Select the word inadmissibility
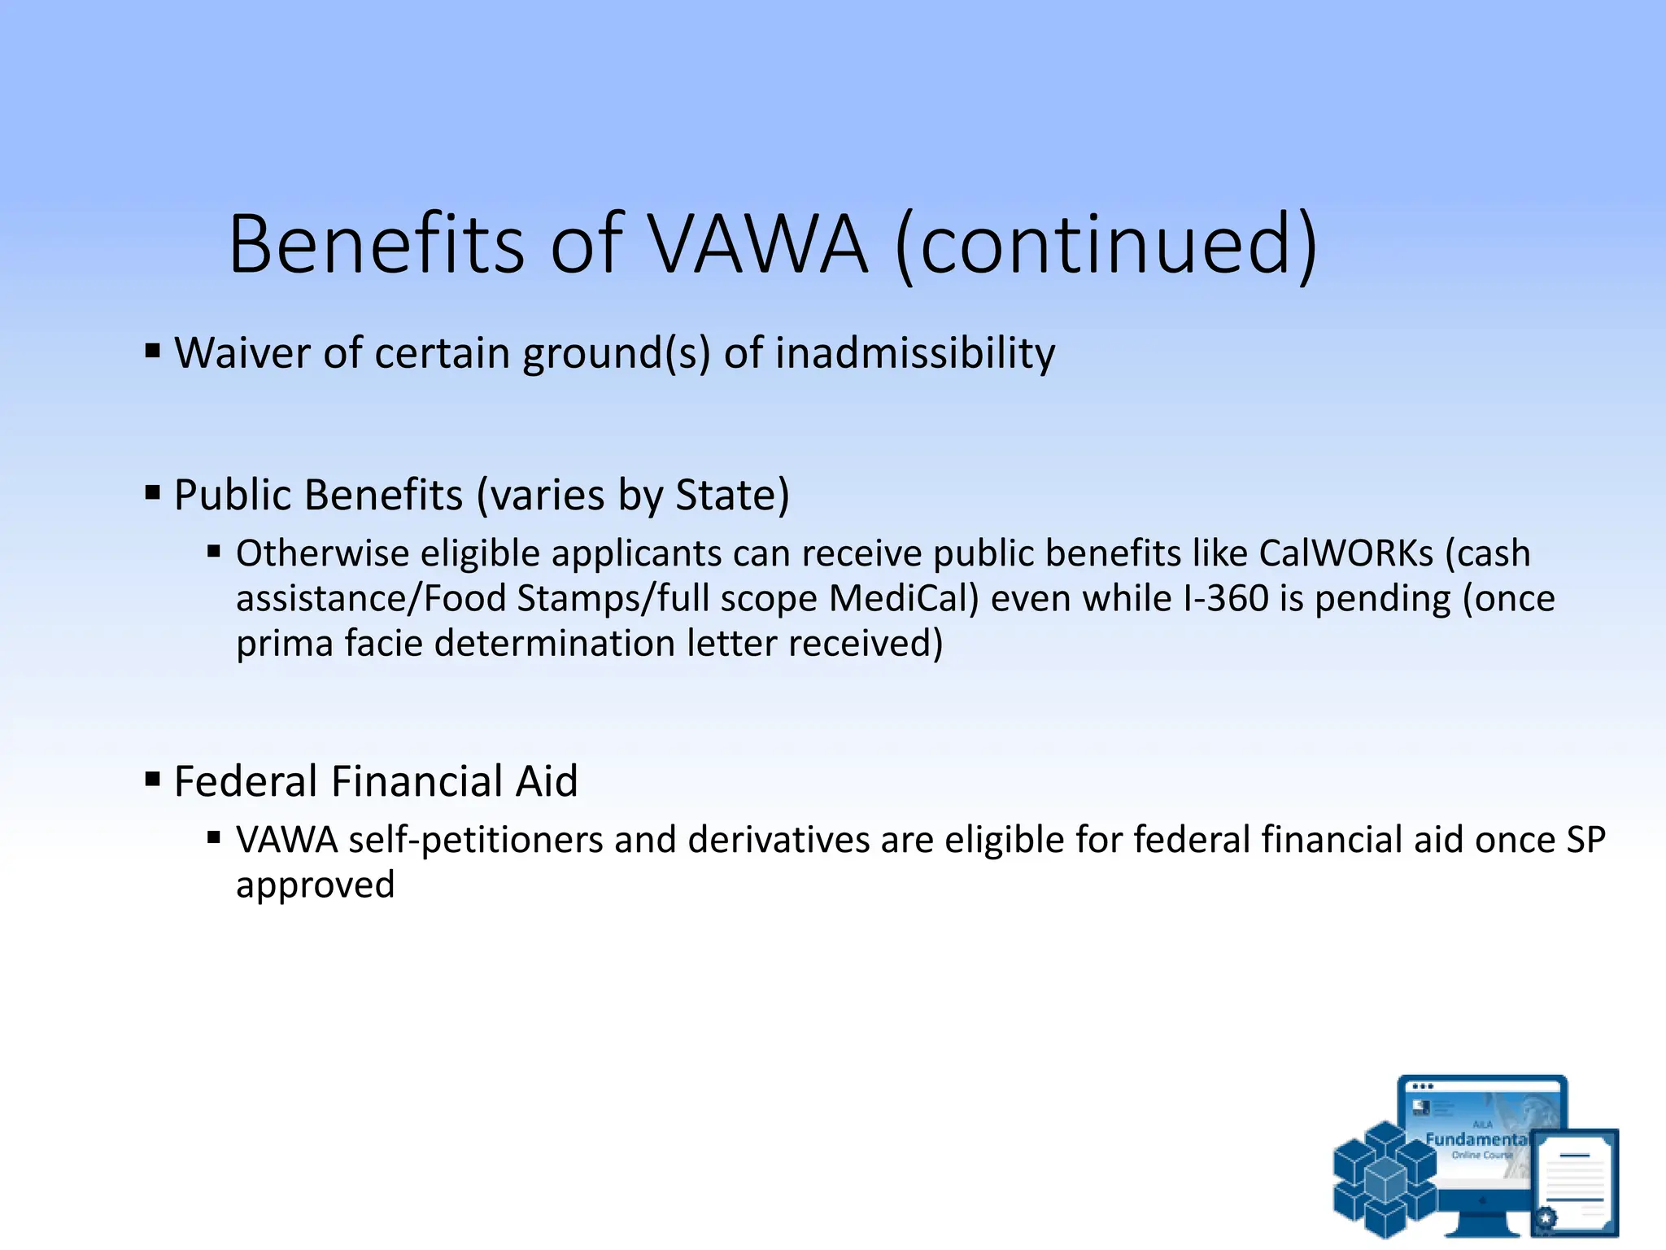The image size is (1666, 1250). [915, 353]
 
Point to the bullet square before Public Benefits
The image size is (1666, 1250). [153, 492]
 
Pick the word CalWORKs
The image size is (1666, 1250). [1346, 553]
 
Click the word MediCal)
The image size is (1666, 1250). [904, 598]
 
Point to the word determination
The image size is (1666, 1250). [555, 643]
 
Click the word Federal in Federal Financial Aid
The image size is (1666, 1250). [246, 781]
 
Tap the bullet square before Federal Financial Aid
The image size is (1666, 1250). [153, 779]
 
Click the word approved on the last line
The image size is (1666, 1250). [316, 885]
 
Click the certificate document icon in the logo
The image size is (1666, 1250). [1575, 1182]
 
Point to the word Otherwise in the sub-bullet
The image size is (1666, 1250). [322, 553]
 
